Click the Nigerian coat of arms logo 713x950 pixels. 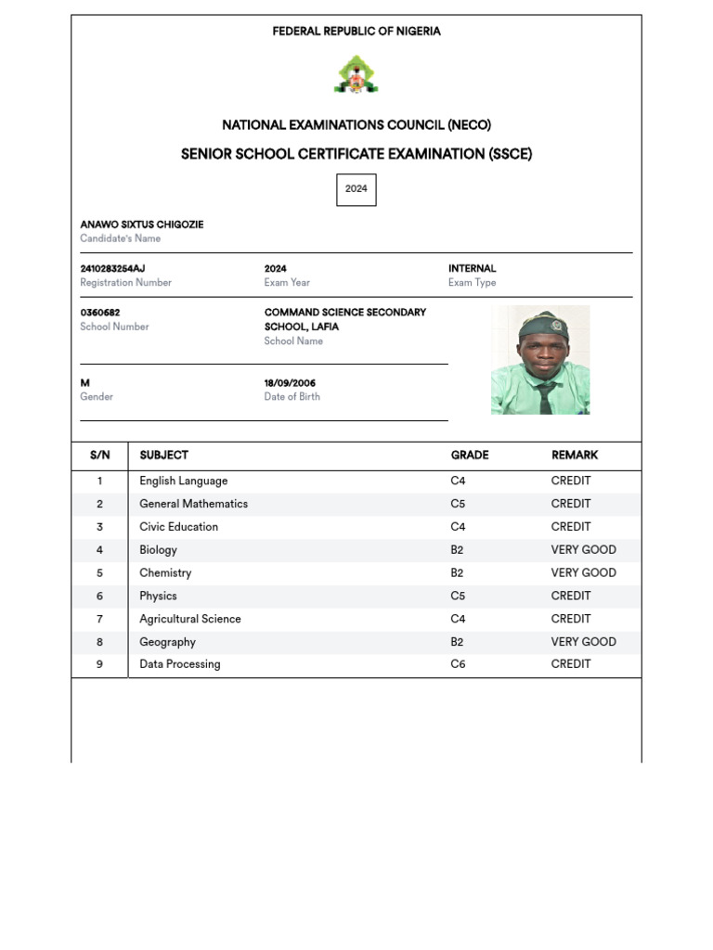[x=356, y=75]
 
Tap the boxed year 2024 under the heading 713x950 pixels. [x=356, y=189]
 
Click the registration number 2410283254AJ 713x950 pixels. [x=112, y=269]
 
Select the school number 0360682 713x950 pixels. [x=100, y=313]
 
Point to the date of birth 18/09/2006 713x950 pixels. [x=290, y=383]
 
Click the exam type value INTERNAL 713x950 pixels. [x=472, y=269]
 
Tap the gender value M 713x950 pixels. [x=85, y=383]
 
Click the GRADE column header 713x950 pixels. [x=470, y=456]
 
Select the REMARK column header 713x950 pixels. [x=575, y=456]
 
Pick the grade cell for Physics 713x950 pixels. [x=459, y=596]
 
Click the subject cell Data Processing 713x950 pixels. [x=180, y=664]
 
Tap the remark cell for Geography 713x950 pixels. [x=583, y=642]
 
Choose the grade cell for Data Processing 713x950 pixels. [x=459, y=664]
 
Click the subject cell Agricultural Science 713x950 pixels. [x=190, y=619]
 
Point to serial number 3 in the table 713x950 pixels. [x=99, y=527]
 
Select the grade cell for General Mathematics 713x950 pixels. [x=459, y=504]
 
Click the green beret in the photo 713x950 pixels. [x=542, y=325]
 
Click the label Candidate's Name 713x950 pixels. [x=121, y=238]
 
